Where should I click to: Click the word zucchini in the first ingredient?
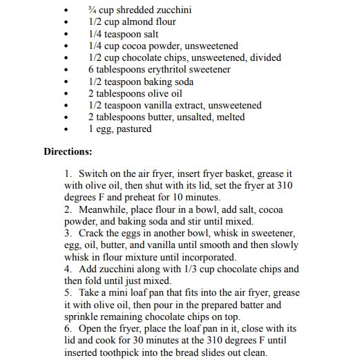tap(173, 10)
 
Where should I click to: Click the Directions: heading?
tap(68, 151)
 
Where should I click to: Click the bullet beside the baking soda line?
tap(66, 82)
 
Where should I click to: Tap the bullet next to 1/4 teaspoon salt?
tap(66, 35)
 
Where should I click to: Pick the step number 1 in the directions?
tap(67, 174)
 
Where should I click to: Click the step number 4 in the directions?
tap(67, 269)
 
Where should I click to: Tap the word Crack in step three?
tap(91, 234)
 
